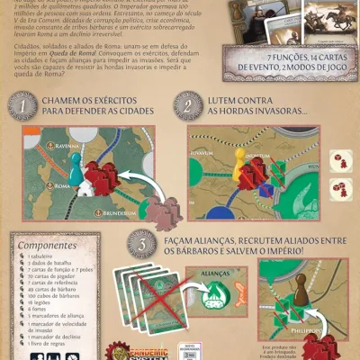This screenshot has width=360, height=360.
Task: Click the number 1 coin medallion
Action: pyautogui.click(x=22, y=106)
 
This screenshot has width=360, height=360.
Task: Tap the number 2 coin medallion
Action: pyautogui.click(x=190, y=106)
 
